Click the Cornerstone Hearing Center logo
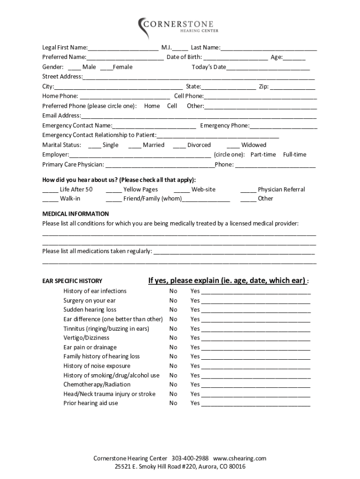(x=178, y=26)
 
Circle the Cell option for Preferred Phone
(x=172, y=106)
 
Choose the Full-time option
(x=295, y=154)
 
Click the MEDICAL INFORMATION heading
(x=75, y=214)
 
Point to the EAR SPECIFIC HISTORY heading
(x=72, y=281)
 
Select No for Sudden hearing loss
(x=173, y=310)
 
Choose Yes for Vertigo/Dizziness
(x=195, y=338)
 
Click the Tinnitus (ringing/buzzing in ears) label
(x=106, y=328)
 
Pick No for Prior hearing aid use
(x=173, y=403)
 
